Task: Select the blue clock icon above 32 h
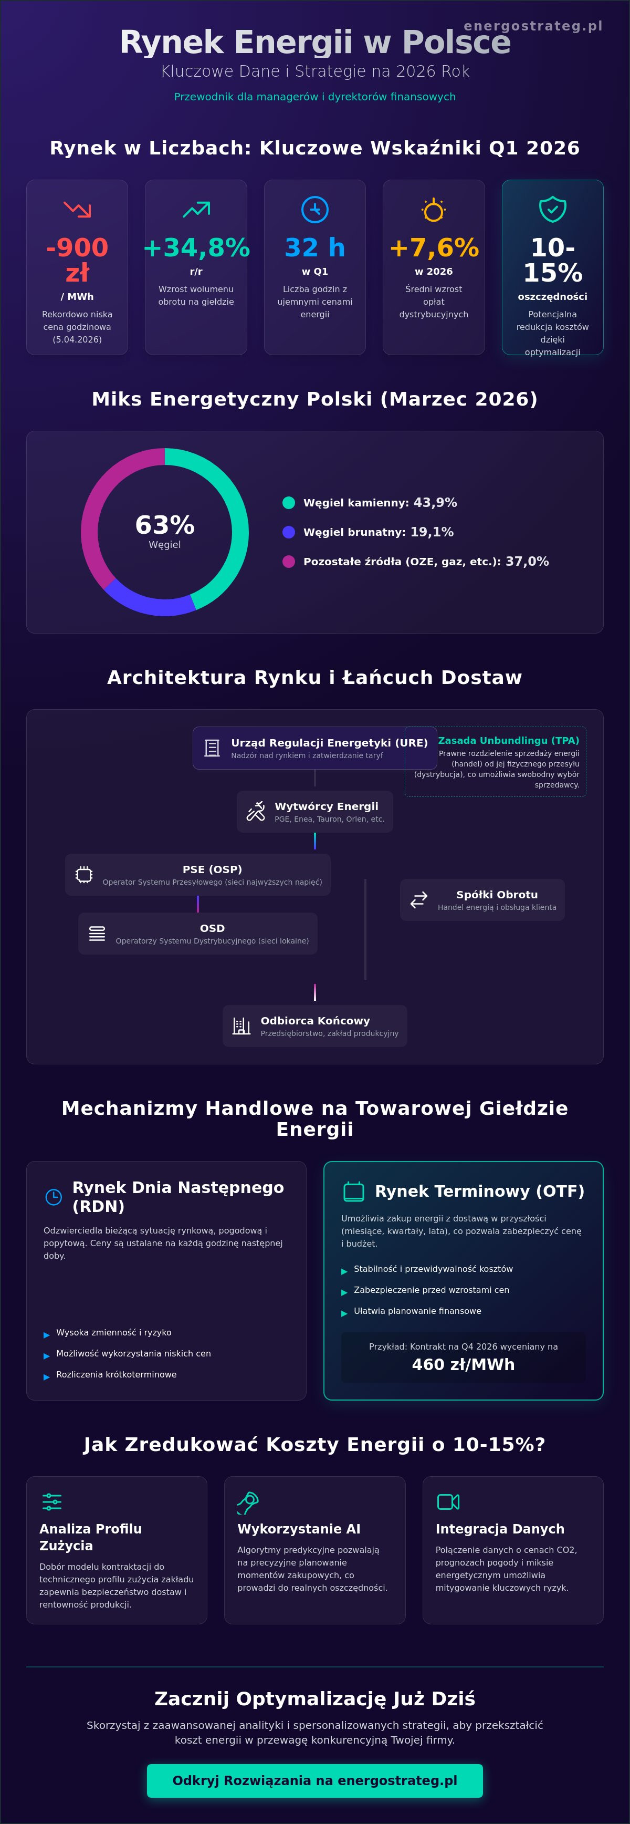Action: pos(315,210)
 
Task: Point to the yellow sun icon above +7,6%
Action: pos(434,210)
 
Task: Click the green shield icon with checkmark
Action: pos(553,210)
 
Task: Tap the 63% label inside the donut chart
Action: pos(165,525)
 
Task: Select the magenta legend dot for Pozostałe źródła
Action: pos(289,562)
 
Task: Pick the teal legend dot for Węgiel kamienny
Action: pos(289,503)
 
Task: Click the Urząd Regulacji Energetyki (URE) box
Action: pos(315,748)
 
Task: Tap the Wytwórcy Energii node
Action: pos(315,812)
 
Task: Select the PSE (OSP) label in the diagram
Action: pos(212,869)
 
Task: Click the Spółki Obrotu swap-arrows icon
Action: pos(419,899)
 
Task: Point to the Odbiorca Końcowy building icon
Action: pos(242,1026)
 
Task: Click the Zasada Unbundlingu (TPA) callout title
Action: pos(508,741)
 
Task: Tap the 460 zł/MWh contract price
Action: pos(464,1364)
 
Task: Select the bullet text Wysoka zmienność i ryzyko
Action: pos(114,1333)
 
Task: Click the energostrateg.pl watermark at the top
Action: pos(533,26)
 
